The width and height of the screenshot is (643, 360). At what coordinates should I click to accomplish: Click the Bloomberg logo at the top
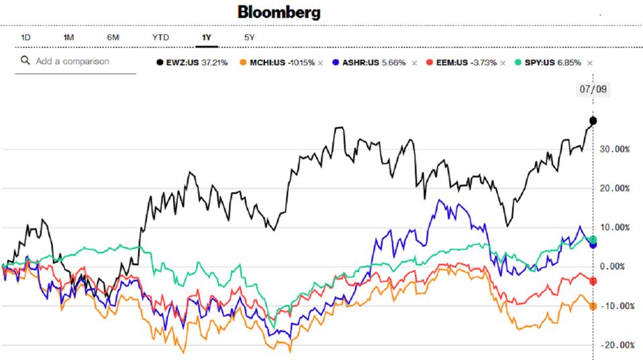(x=279, y=12)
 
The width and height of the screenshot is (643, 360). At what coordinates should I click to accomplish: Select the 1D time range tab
(x=26, y=38)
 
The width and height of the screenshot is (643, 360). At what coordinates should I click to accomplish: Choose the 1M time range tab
(x=68, y=38)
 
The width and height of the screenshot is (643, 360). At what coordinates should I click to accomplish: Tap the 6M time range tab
(x=113, y=38)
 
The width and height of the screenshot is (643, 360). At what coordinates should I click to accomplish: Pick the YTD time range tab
(x=160, y=38)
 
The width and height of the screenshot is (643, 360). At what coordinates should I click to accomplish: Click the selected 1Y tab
(x=206, y=38)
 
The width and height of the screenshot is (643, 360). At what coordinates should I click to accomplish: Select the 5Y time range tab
(x=249, y=38)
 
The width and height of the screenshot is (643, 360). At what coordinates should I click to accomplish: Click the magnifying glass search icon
(x=26, y=61)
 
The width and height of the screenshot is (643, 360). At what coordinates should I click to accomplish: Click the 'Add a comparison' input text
(x=72, y=61)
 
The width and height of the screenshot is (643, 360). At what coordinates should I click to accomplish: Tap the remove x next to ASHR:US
(x=414, y=62)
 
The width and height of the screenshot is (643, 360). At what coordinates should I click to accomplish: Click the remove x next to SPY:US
(x=589, y=62)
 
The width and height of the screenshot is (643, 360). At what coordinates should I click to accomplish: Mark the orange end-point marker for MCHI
(x=593, y=306)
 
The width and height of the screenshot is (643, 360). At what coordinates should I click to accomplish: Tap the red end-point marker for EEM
(x=593, y=281)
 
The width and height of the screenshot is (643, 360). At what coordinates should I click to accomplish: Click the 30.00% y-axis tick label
(x=614, y=149)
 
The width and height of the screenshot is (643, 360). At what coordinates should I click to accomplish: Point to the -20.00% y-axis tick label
(x=614, y=345)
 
